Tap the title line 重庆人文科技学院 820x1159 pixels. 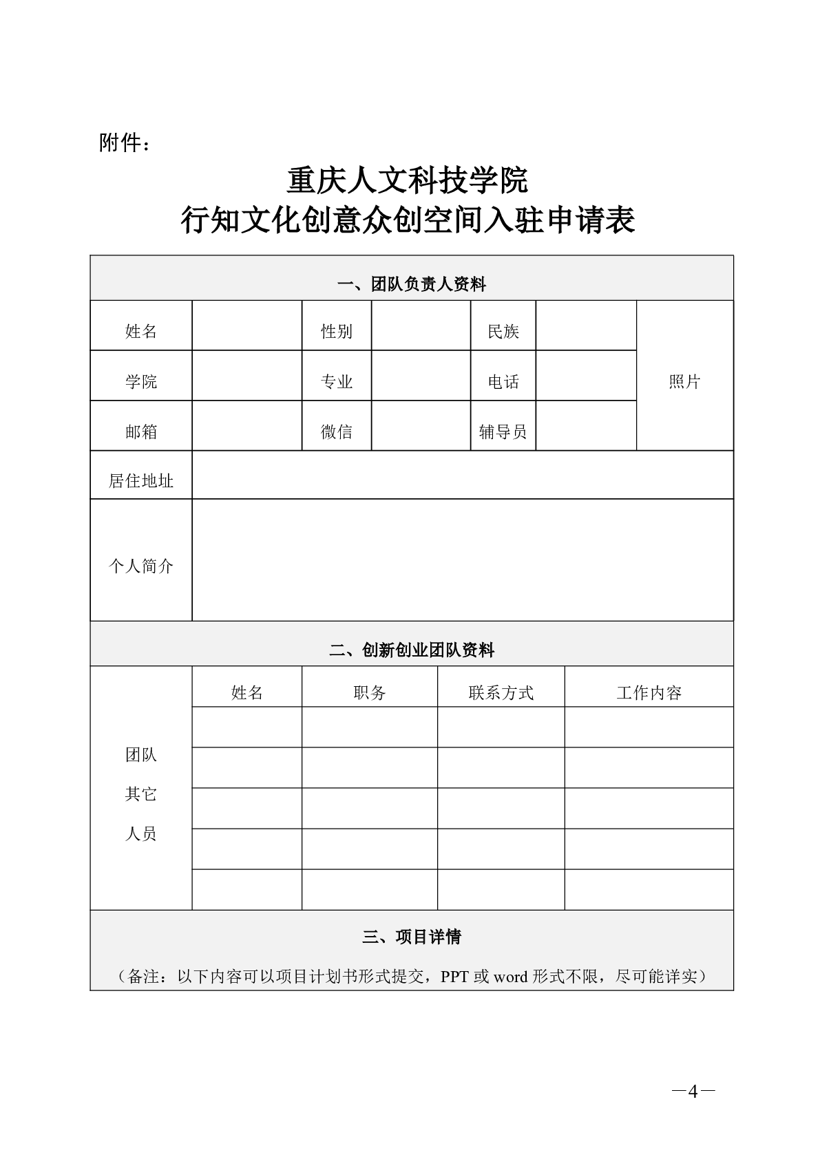coord(408,181)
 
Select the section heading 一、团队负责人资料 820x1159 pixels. coord(411,284)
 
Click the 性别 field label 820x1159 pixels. coord(337,332)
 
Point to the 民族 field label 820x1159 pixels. coord(503,332)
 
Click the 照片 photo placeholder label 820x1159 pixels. coord(684,382)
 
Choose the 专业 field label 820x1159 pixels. coord(337,382)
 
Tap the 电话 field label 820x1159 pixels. coord(503,382)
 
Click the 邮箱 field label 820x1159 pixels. coord(141,432)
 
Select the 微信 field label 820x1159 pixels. coord(337,432)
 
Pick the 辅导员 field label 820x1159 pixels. coord(503,432)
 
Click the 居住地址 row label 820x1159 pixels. coord(141,480)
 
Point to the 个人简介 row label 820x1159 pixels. coord(141,566)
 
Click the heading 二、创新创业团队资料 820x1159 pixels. coord(411,650)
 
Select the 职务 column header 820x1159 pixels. coord(370,692)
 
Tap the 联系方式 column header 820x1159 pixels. coord(501,692)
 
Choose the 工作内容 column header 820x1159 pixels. coord(649,692)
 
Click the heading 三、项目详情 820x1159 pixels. coord(411,937)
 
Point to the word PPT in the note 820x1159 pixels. coord(455,977)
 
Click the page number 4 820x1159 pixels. coord(693,1092)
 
